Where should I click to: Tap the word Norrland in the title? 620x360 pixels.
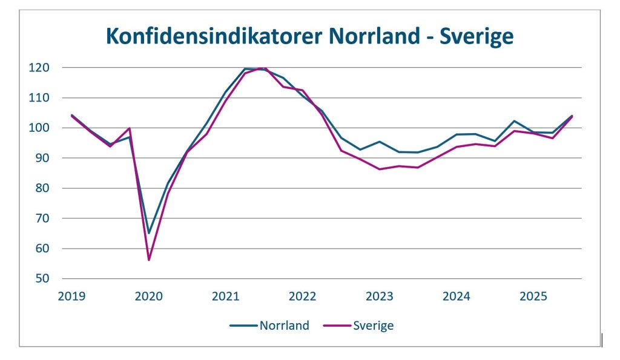377,36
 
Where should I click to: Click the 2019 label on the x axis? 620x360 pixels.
72,296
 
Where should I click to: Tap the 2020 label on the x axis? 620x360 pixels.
149,296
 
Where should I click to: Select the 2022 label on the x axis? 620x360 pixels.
303,296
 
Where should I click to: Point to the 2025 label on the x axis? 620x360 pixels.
534,296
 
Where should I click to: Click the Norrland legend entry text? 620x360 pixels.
284,326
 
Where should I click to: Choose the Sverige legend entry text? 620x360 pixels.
373,326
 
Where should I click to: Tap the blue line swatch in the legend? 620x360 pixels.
243,326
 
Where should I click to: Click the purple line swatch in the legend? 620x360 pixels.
337,326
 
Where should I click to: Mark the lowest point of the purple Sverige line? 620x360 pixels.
148,260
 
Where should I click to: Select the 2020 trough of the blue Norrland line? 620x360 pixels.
148,233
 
